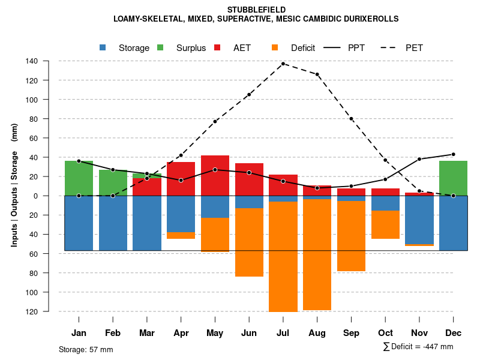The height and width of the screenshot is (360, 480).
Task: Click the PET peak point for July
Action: click(283, 64)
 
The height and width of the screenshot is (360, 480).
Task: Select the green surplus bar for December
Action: click(453, 178)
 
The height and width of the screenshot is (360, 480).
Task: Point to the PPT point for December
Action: click(453, 154)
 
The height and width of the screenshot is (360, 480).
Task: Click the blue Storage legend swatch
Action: click(103, 47)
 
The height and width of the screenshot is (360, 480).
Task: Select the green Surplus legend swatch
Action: click(161, 47)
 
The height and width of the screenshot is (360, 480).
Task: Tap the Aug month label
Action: click(317, 333)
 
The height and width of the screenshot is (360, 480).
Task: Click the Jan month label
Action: click(79, 333)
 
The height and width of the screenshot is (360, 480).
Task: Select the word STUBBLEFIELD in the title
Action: click(256, 10)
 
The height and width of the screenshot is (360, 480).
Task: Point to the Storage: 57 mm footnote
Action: click(86, 349)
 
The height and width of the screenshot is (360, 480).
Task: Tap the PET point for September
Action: click(351, 119)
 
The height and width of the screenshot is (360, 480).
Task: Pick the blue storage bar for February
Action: click(113, 223)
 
